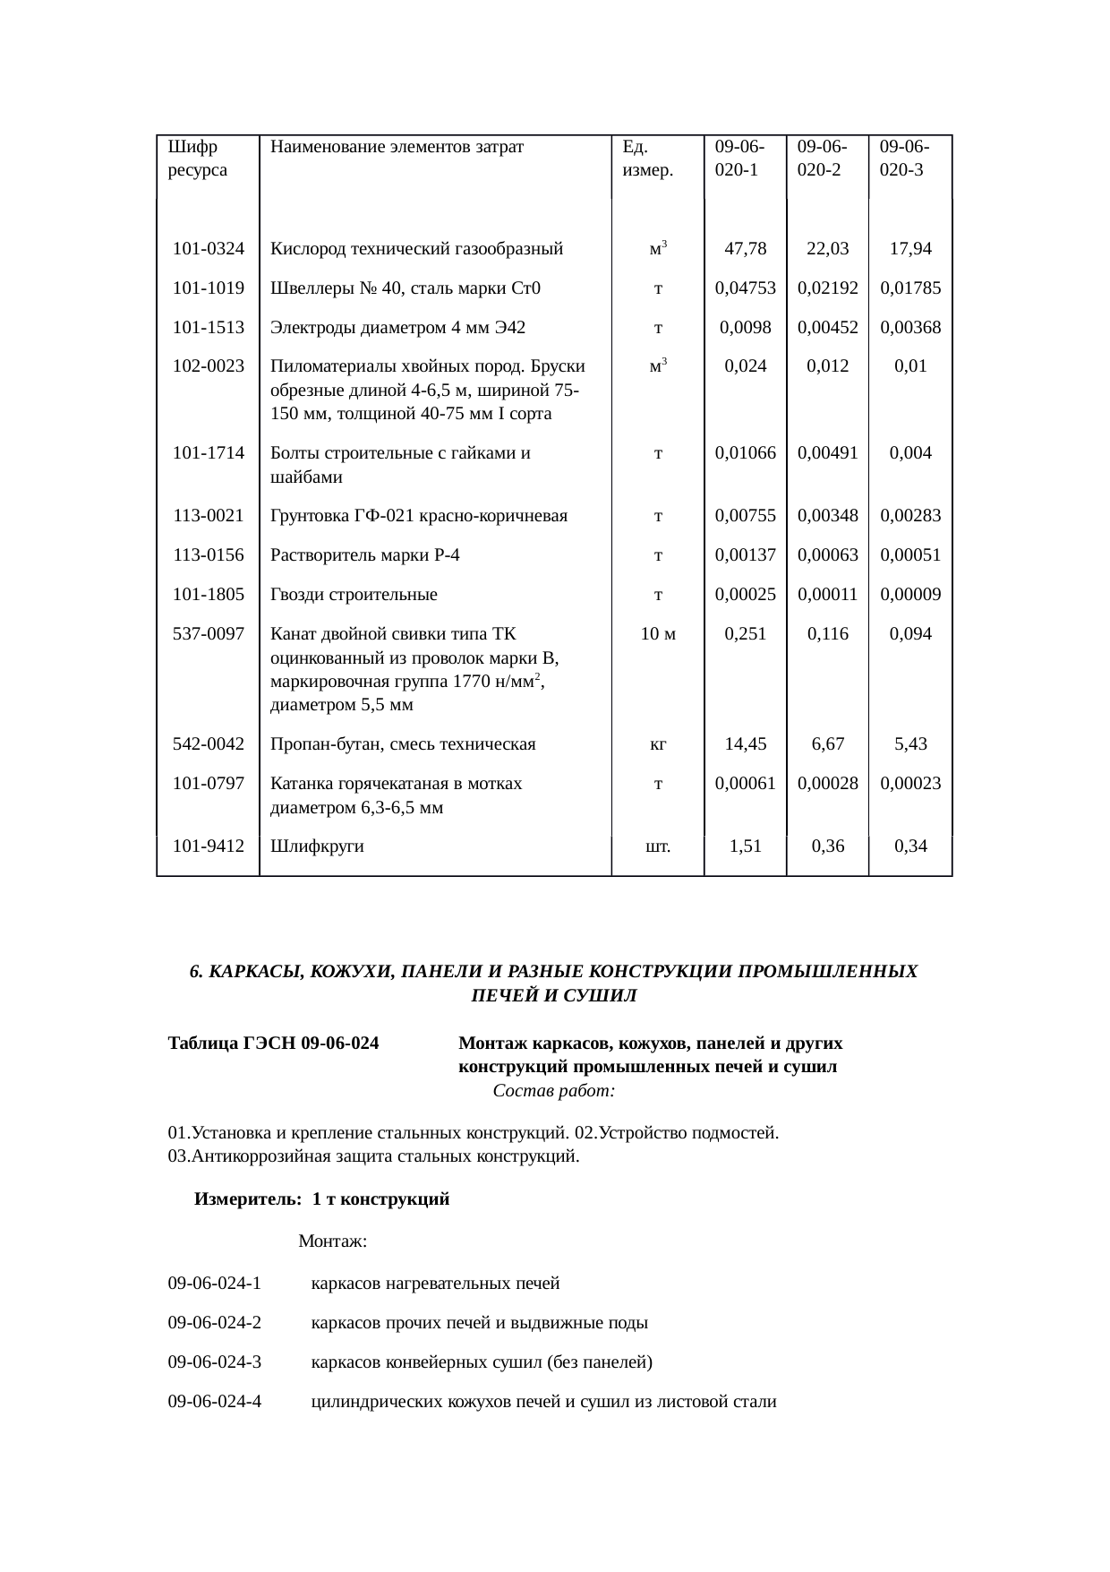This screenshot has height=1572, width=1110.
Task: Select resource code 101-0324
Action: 209,249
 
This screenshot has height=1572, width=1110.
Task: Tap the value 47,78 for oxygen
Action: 745,249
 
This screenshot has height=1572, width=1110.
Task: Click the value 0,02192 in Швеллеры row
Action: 827,288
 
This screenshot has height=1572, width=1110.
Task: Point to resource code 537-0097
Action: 209,634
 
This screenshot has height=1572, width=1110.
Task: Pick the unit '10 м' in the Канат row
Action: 658,634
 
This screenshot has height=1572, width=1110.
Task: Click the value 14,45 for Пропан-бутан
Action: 745,744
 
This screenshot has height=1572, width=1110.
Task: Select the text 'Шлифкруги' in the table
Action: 317,846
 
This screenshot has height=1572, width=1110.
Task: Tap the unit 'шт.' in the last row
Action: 658,846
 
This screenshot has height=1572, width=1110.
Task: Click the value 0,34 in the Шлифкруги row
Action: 910,846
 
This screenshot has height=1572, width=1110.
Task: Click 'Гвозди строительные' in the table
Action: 354,595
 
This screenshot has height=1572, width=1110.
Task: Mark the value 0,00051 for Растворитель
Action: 910,555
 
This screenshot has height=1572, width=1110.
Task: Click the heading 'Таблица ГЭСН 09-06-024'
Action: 273,1044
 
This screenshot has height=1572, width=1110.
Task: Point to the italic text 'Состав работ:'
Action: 553,1092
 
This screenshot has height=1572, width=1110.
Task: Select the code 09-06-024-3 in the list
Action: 215,1362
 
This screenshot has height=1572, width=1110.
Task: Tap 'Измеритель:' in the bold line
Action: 247,1199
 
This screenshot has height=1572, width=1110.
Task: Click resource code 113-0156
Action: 209,555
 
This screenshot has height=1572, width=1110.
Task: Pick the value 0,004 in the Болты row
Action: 910,453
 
